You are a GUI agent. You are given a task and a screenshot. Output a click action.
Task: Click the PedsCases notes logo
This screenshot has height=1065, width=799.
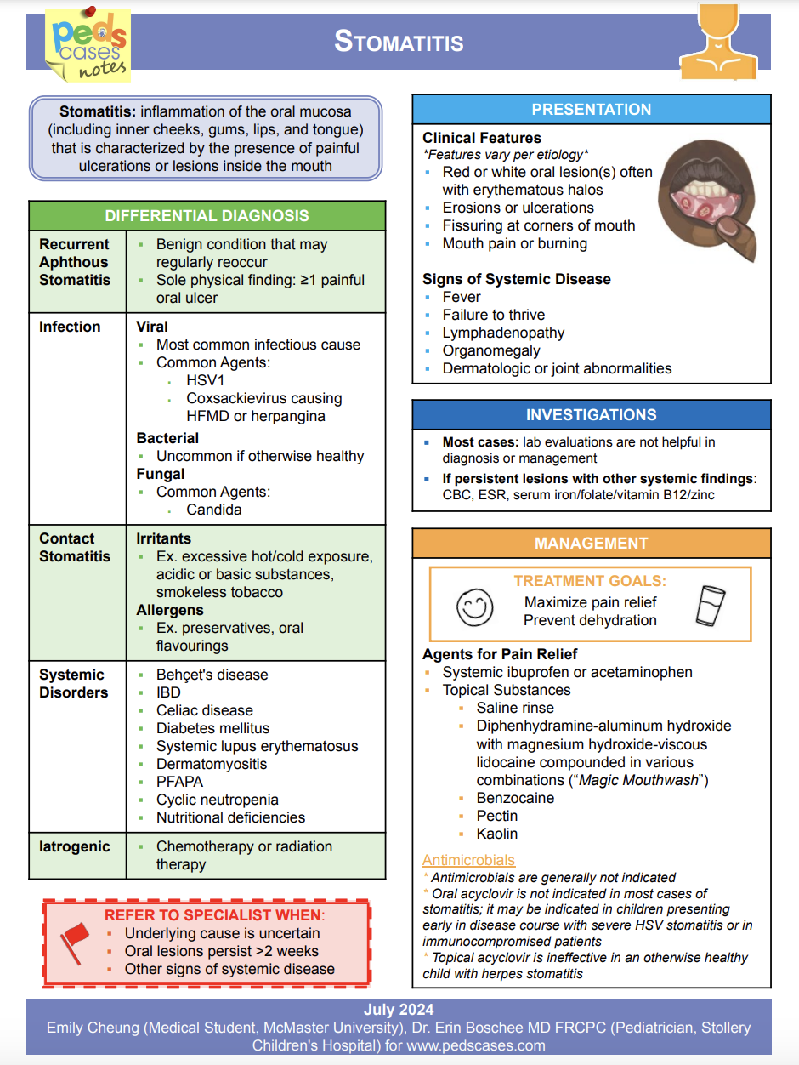88,45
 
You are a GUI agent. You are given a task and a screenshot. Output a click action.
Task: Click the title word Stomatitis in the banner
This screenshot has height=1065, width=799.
399,41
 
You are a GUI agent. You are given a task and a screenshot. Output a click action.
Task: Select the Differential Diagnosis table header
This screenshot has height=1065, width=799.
207,216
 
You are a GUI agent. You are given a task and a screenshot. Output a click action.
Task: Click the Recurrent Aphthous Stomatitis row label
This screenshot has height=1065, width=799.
75,262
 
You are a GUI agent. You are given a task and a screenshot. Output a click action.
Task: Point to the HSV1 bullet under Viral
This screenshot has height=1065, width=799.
204,380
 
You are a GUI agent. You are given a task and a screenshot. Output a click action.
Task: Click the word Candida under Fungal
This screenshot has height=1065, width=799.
214,510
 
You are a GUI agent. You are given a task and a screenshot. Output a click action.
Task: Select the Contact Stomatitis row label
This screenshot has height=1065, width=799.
75,547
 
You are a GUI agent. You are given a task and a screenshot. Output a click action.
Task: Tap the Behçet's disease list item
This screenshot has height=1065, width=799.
212,675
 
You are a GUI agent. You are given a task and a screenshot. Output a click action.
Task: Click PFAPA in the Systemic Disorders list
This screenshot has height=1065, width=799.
181,782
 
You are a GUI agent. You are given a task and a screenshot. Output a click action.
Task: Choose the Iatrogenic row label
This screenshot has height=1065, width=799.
75,846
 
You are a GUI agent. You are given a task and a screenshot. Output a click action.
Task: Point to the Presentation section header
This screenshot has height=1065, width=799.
591,110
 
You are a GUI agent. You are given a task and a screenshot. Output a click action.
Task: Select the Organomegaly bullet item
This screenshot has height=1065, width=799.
491,350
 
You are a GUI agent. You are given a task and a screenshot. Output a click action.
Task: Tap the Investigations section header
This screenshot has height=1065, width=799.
591,415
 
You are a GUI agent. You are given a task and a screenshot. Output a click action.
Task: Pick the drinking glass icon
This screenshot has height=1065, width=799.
710,607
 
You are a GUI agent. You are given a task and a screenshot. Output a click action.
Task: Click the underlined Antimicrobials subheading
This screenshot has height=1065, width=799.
468,860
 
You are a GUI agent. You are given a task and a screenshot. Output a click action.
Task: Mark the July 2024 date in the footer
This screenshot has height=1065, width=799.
399,1010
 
